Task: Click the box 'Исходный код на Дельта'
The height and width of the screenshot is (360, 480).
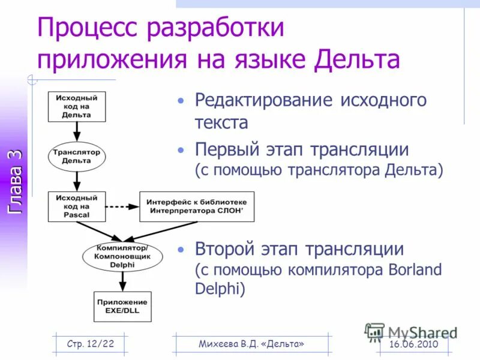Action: point(77,106)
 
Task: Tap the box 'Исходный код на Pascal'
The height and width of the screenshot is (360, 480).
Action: point(77,206)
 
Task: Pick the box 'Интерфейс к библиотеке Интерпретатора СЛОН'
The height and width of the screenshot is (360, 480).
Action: point(196,206)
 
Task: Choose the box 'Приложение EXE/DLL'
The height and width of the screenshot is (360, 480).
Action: point(122,306)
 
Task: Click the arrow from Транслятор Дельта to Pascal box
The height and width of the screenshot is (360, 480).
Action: point(76,181)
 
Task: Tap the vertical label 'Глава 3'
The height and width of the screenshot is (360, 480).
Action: point(14,181)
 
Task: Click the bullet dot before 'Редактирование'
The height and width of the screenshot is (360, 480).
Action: point(181,100)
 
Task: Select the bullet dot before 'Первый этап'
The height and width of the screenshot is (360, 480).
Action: point(181,150)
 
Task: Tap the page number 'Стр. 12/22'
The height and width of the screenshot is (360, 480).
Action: point(91,343)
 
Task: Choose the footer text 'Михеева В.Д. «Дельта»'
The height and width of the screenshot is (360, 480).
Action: point(251,343)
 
